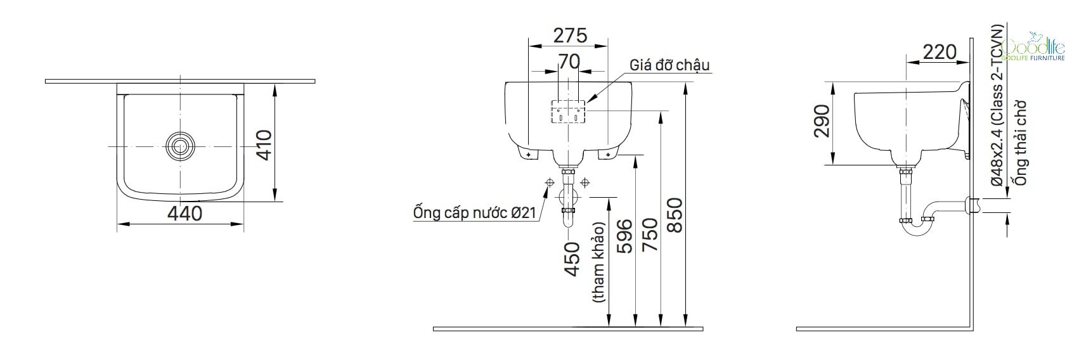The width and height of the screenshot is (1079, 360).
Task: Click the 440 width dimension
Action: pyautogui.click(x=184, y=213)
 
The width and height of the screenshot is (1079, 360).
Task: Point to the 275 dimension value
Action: pyautogui.click(x=570, y=35)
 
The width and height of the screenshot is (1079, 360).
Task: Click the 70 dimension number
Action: pyautogui.click(x=569, y=61)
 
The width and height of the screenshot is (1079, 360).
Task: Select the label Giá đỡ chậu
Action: pyautogui.click(x=669, y=65)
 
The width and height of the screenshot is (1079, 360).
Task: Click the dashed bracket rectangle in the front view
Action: pyautogui.click(x=568, y=112)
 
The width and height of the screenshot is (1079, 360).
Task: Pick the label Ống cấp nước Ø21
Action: pyautogui.click(x=475, y=213)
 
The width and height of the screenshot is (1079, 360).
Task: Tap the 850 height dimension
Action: pyautogui.click(x=675, y=215)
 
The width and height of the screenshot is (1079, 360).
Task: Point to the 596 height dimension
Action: pyautogui.click(x=625, y=236)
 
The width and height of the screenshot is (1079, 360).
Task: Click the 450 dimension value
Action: pyautogui.click(x=572, y=259)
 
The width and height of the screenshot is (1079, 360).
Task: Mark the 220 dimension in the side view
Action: pyautogui.click(x=939, y=52)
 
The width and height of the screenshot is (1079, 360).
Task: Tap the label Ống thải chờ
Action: pyautogui.click(x=1020, y=143)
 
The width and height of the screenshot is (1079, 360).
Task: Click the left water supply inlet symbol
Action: pyautogui.click(x=550, y=183)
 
